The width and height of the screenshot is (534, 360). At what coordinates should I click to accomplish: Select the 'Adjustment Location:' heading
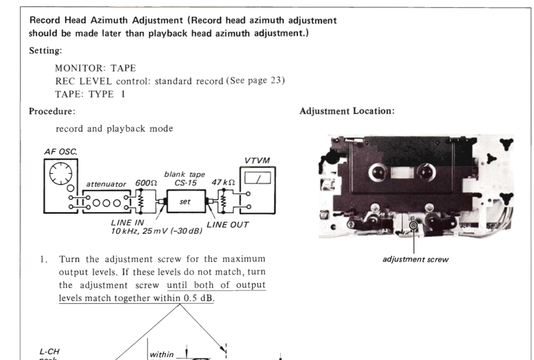click(x=347, y=112)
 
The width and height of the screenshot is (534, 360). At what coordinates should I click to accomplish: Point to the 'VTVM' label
click(x=258, y=161)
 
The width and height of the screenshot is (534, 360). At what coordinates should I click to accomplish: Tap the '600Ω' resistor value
click(x=146, y=184)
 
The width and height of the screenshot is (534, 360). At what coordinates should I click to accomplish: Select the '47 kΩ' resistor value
click(x=222, y=184)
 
